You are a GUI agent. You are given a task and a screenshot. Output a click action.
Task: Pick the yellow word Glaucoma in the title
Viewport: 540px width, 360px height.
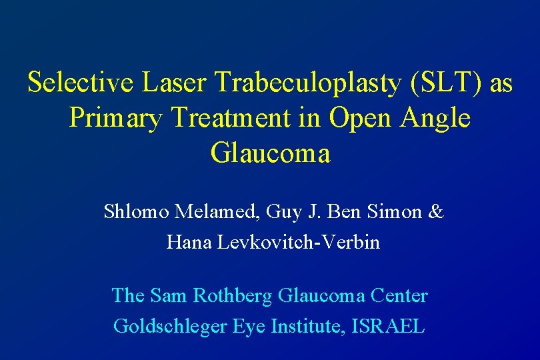coord(270,154)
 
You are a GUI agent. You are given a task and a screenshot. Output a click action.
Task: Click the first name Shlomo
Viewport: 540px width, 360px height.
coord(136,212)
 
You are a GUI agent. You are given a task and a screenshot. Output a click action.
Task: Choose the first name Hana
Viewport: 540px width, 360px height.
coord(189,242)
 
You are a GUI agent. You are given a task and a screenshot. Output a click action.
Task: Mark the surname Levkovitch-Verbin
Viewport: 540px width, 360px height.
coord(299,242)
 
